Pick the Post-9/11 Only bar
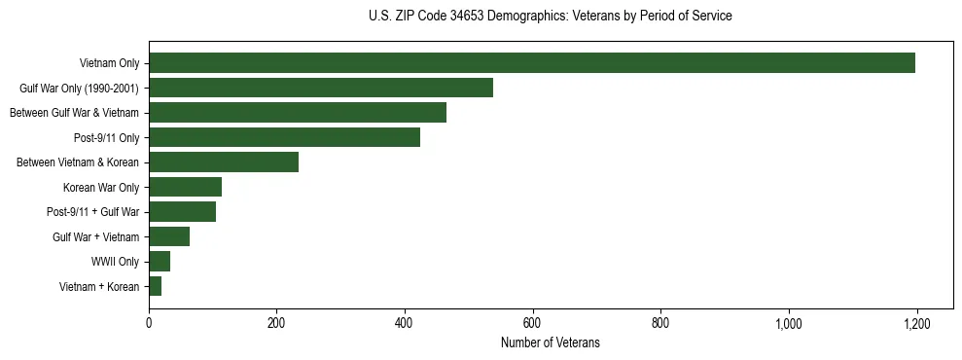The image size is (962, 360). (284, 137)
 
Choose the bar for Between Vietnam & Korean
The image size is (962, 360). (224, 162)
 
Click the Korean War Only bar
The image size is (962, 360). (185, 187)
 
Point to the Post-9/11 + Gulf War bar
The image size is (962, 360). (182, 212)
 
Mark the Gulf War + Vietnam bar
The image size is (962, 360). (169, 236)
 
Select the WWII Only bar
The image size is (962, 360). (160, 262)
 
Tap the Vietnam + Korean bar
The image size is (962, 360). (156, 286)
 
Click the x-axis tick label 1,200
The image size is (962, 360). (916, 323)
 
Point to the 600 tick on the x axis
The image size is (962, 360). (532, 323)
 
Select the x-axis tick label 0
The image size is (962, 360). (149, 323)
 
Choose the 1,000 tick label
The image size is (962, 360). (788, 323)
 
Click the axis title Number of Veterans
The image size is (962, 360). (550, 343)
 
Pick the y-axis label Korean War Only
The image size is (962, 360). (101, 187)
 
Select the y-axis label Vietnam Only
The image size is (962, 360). (109, 63)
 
